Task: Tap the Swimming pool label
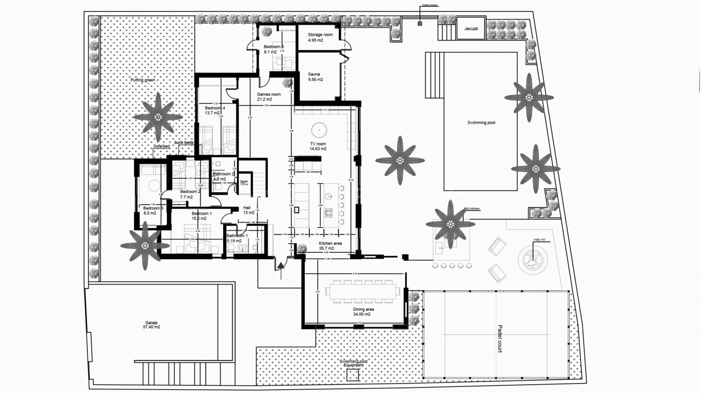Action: (x=481, y=122)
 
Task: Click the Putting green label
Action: (x=143, y=80)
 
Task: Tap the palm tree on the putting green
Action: (x=158, y=117)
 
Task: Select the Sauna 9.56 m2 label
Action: (x=316, y=76)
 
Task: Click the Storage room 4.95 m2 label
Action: (x=320, y=37)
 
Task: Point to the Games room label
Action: (x=269, y=95)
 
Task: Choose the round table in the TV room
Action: (x=319, y=130)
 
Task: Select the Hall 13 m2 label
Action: (x=249, y=210)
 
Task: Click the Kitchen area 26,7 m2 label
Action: (x=332, y=245)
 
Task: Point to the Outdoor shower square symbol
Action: (x=420, y=23)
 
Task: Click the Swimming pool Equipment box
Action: (x=352, y=375)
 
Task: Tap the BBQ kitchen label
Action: (x=473, y=210)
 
